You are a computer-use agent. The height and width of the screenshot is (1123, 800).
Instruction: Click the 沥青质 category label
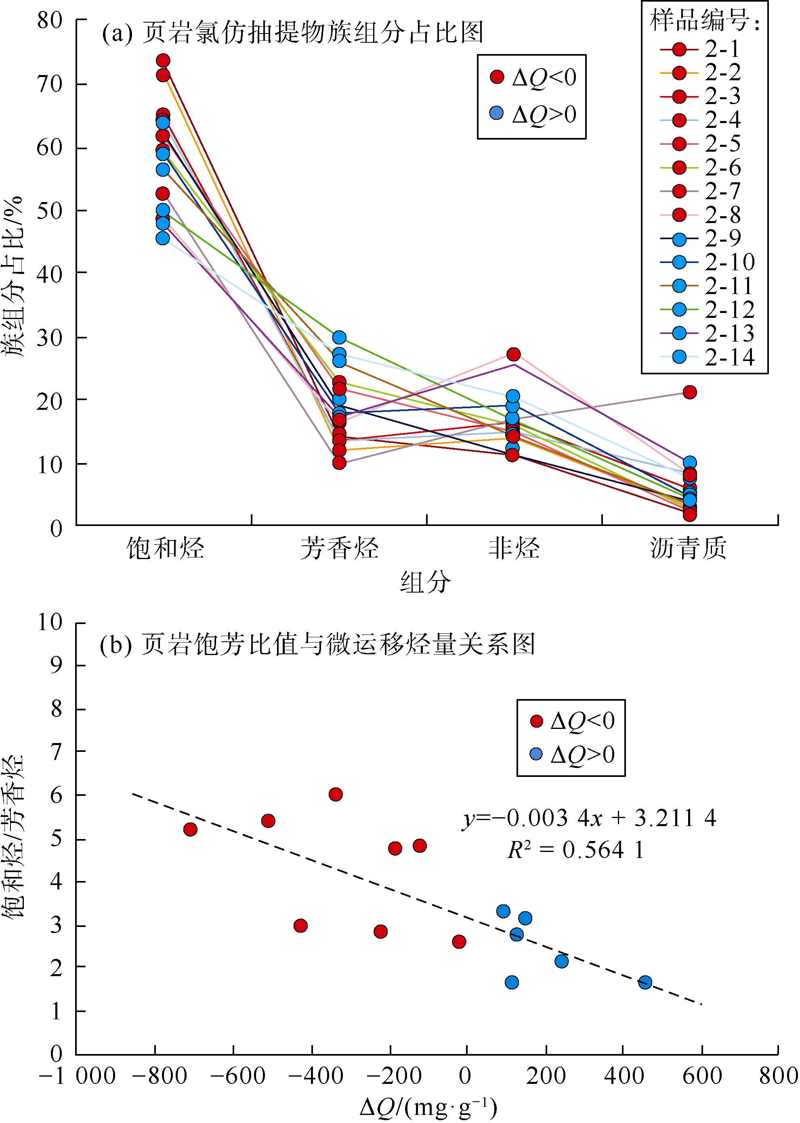[688, 548]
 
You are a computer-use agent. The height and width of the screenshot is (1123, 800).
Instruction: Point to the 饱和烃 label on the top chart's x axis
[165, 548]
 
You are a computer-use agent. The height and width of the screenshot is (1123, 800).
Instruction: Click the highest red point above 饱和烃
[163, 61]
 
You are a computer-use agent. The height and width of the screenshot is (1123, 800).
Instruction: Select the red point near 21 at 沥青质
[690, 392]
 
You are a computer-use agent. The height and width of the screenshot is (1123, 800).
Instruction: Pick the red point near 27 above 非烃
[513, 354]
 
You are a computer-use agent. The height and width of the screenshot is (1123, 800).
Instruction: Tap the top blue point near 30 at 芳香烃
[339, 337]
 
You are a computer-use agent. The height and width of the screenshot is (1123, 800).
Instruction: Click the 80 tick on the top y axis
[50, 21]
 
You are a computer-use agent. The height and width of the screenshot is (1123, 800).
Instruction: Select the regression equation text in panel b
[589, 818]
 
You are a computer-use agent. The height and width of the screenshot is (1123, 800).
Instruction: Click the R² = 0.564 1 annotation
[576, 850]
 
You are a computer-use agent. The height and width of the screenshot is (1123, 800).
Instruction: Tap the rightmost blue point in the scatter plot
[645, 982]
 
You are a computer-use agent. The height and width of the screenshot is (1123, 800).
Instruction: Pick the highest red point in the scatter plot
[336, 794]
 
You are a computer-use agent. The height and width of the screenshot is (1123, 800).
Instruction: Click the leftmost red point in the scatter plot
[190, 829]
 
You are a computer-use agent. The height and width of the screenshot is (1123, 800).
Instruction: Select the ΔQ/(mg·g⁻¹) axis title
[428, 1107]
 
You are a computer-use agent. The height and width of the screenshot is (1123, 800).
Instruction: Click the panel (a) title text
[293, 33]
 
